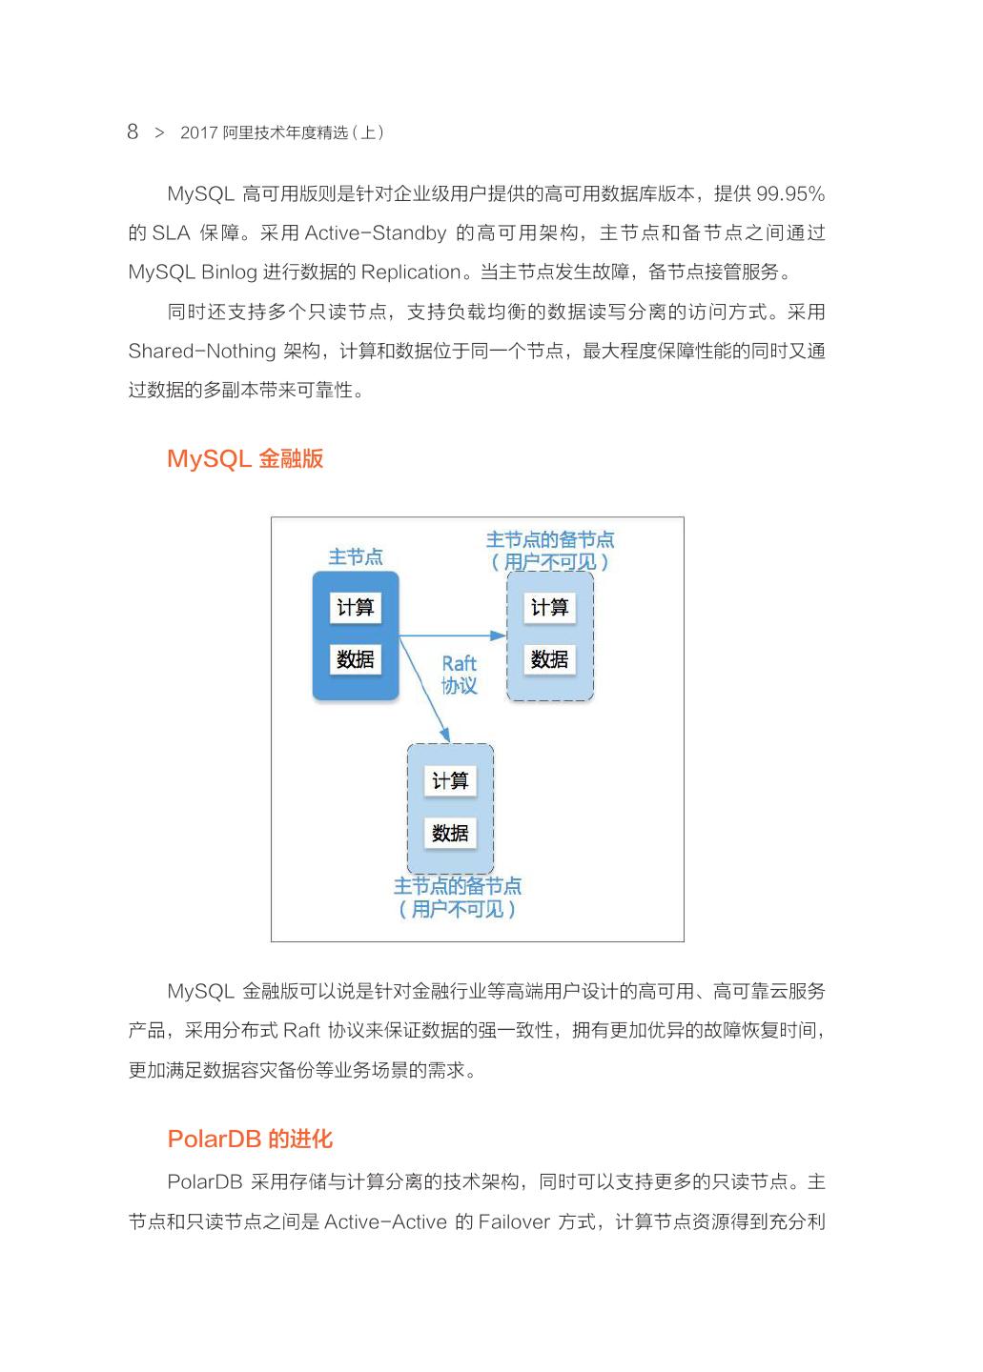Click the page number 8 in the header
click(x=133, y=131)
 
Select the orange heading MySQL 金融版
click(x=245, y=459)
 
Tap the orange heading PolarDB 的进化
click(x=250, y=1140)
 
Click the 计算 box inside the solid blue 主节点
click(x=356, y=608)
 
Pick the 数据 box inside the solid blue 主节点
click(x=356, y=659)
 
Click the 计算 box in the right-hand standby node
click(x=549, y=608)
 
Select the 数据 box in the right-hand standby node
click(x=549, y=659)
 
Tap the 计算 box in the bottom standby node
click(x=450, y=781)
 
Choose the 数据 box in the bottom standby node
click(x=450, y=834)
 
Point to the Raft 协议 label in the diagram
click(x=459, y=675)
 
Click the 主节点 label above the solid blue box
click(x=356, y=557)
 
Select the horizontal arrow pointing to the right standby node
click(x=453, y=635)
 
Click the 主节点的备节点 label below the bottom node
click(x=458, y=886)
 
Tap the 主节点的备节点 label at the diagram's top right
click(x=550, y=540)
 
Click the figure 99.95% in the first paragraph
click(x=790, y=194)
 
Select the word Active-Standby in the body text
click(x=376, y=233)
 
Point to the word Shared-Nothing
click(x=202, y=352)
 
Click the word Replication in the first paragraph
click(x=411, y=272)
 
